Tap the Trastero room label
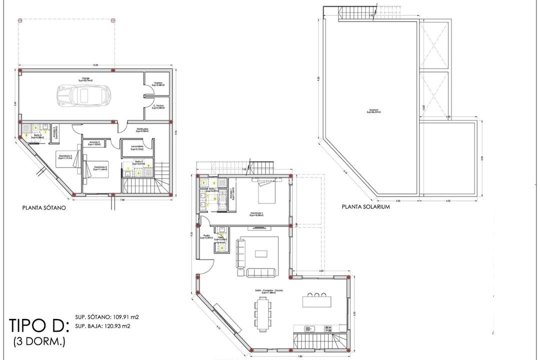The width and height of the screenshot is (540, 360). tap(158, 84)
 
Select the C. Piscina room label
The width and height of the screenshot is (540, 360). tap(158, 107)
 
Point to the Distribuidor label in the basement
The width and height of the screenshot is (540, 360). tap(143, 130)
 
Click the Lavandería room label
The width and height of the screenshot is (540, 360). tap(137, 147)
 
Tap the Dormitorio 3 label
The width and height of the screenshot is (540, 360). tap(65, 156)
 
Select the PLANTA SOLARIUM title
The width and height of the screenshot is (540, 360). tap(365, 206)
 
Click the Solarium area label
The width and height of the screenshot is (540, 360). tap(373, 111)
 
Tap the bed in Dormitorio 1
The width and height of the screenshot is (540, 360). tap(266, 192)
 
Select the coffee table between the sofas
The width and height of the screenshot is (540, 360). tap(261, 253)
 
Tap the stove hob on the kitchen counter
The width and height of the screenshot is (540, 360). tap(328, 328)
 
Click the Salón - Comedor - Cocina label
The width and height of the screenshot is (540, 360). tap(264, 290)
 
